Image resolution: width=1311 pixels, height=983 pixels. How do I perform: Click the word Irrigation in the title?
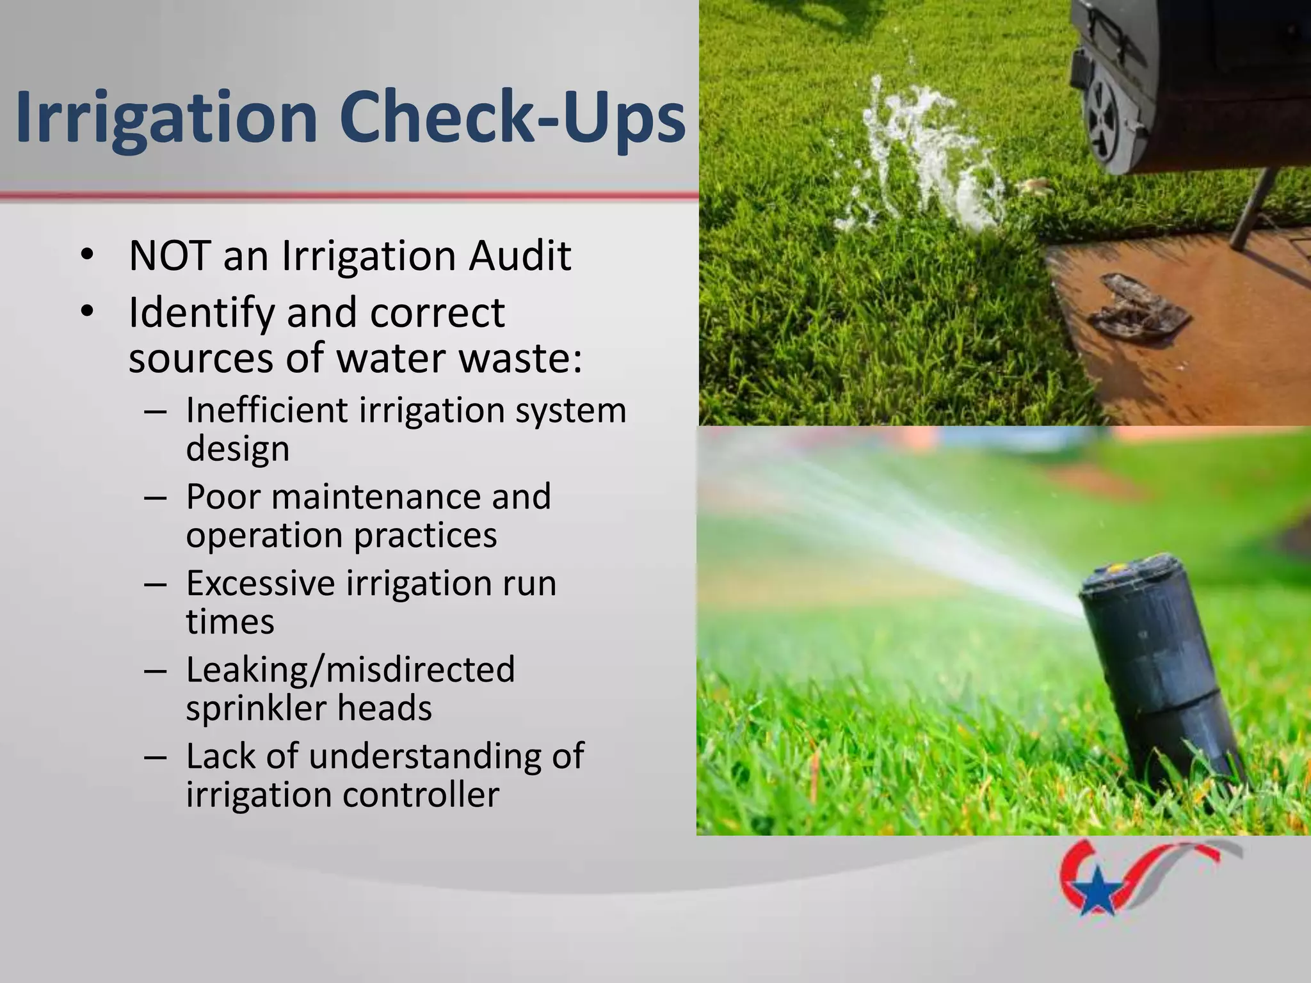pyautogui.click(x=166, y=118)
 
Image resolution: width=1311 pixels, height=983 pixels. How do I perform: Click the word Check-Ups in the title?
pyautogui.click(x=512, y=118)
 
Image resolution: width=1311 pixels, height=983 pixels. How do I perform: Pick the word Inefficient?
pyautogui.click(x=266, y=410)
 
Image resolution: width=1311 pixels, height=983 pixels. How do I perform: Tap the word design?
pyautogui.click(x=237, y=449)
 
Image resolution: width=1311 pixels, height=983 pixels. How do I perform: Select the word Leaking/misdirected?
pyautogui.click(x=350, y=670)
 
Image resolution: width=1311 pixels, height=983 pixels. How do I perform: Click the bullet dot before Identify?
pyautogui.click(x=88, y=312)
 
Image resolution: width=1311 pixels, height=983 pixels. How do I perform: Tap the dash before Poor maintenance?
pyautogui.click(x=156, y=497)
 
